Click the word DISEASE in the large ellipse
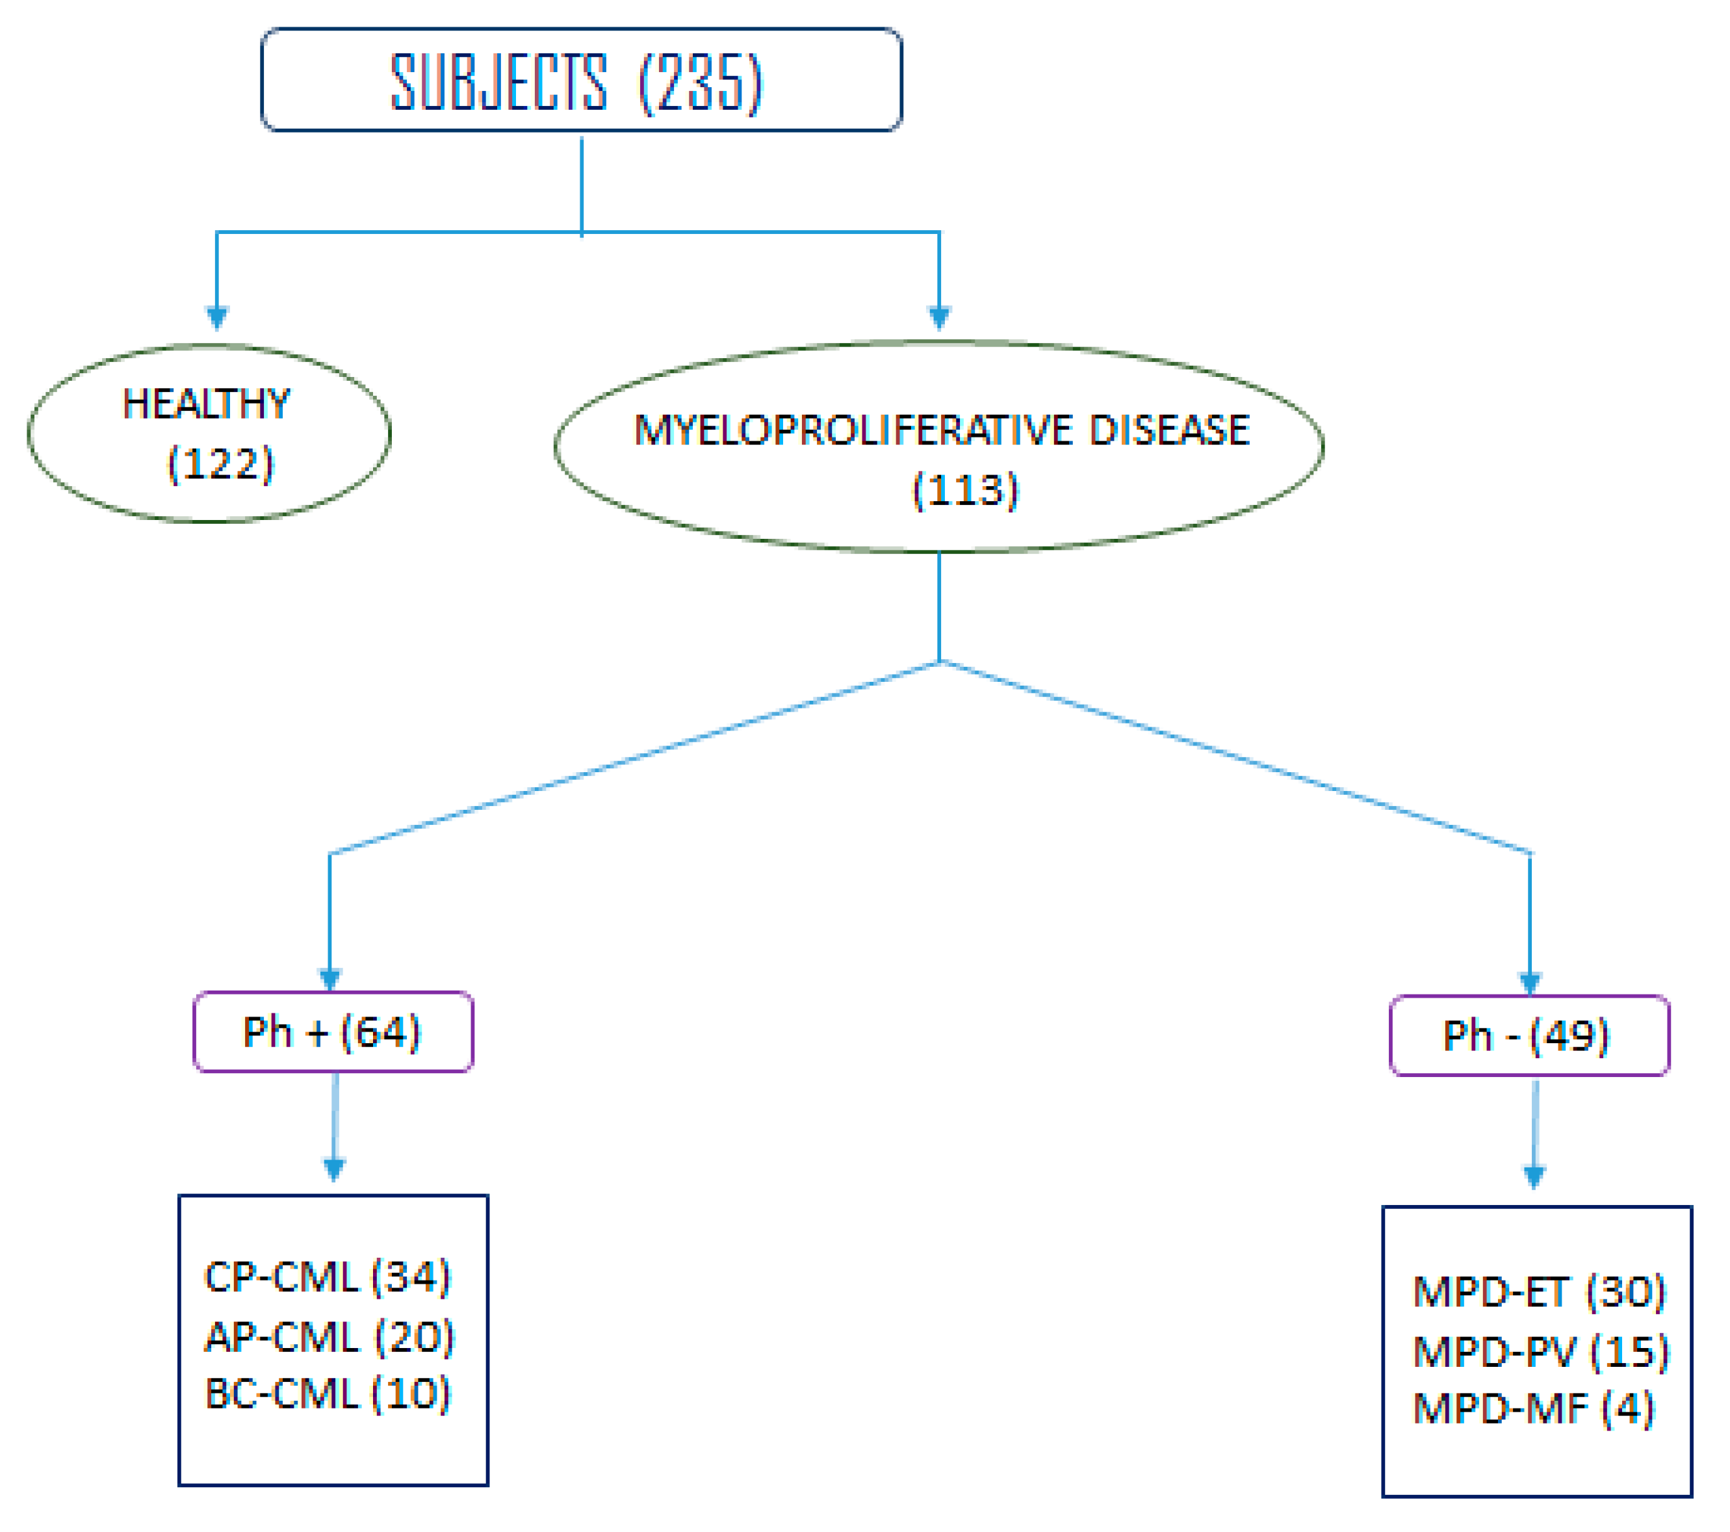(x=1169, y=430)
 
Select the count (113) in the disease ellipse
(x=965, y=490)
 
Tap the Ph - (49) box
(x=1529, y=1036)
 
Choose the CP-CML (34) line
(x=328, y=1277)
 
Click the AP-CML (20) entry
(x=329, y=1337)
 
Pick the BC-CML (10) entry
(x=328, y=1394)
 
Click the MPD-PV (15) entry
(x=1540, y=1352)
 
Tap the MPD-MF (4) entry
(x=1533, y=1409)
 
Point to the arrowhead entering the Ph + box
(x=330, y=980)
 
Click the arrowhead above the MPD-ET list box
(x=1534, y=1176)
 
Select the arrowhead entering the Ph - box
(x=1529, y=983)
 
